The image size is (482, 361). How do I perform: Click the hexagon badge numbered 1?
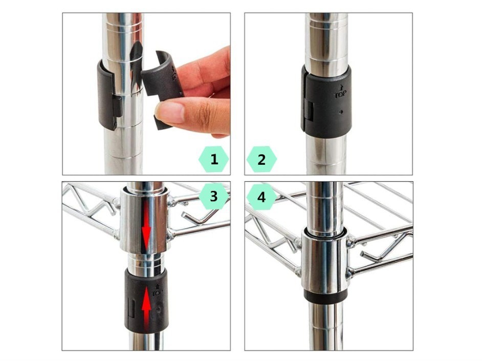(214, 159)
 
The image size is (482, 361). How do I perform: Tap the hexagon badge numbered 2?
(261, 159)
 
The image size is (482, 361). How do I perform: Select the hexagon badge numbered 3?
(214, 196)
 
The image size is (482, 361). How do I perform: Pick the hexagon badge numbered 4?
(261, 196)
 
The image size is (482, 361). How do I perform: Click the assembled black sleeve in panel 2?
(326, 102)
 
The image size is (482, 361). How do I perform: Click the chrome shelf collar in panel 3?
(144, 221)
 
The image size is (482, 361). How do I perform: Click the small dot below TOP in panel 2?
(340, 112)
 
